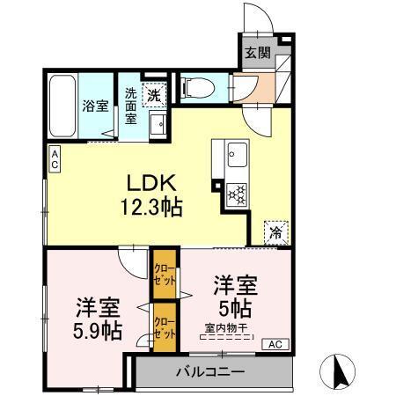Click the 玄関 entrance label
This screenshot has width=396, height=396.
click(x=256, y=51)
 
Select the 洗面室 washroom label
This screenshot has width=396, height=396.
click(x=130, y=106)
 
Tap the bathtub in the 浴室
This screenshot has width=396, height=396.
click(x=62, y=105)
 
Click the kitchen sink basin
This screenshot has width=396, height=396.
click(x=236, y=159)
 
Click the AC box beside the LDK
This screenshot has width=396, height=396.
click(x=54, y=159)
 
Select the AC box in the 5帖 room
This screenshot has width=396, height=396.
click(x=274, y=343)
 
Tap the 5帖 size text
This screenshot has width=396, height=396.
click(x=235, y=309)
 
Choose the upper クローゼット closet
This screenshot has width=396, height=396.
click(x=164, y=275)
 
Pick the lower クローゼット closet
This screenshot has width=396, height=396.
click(x=164, y=328)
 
